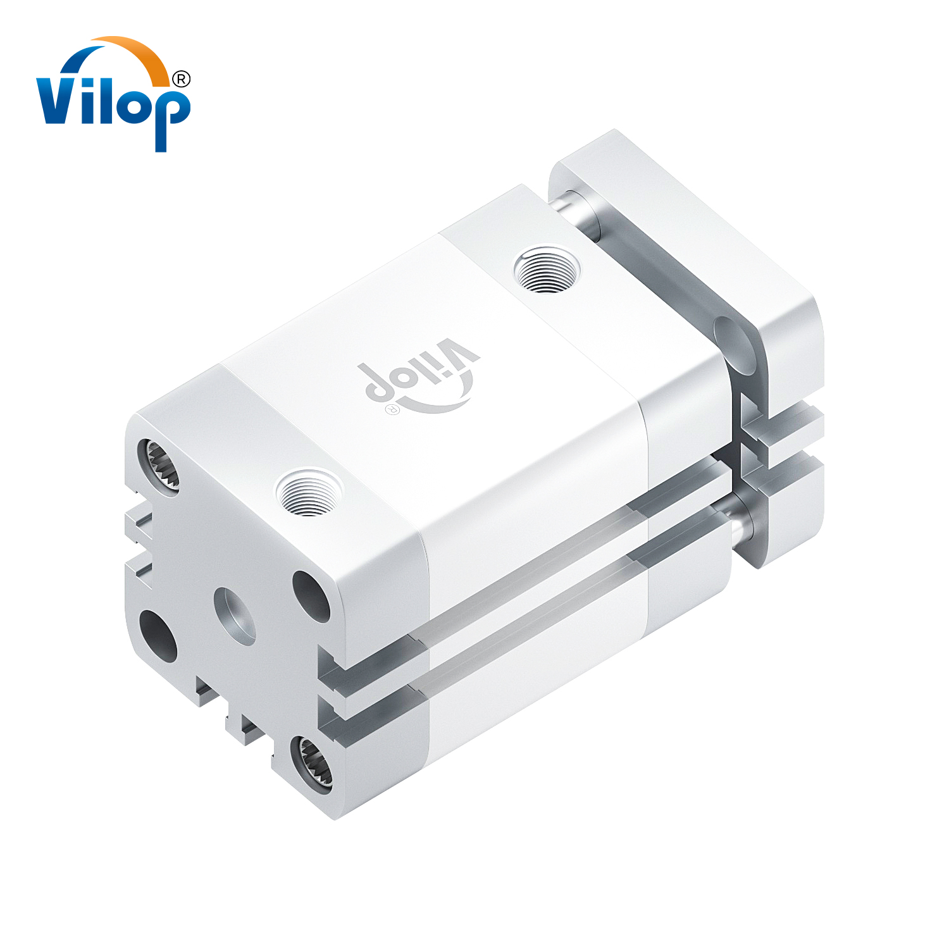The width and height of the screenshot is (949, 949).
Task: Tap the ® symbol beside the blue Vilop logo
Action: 181,79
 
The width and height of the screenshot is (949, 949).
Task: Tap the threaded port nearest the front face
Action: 309,492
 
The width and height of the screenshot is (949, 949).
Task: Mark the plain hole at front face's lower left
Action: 158,635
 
